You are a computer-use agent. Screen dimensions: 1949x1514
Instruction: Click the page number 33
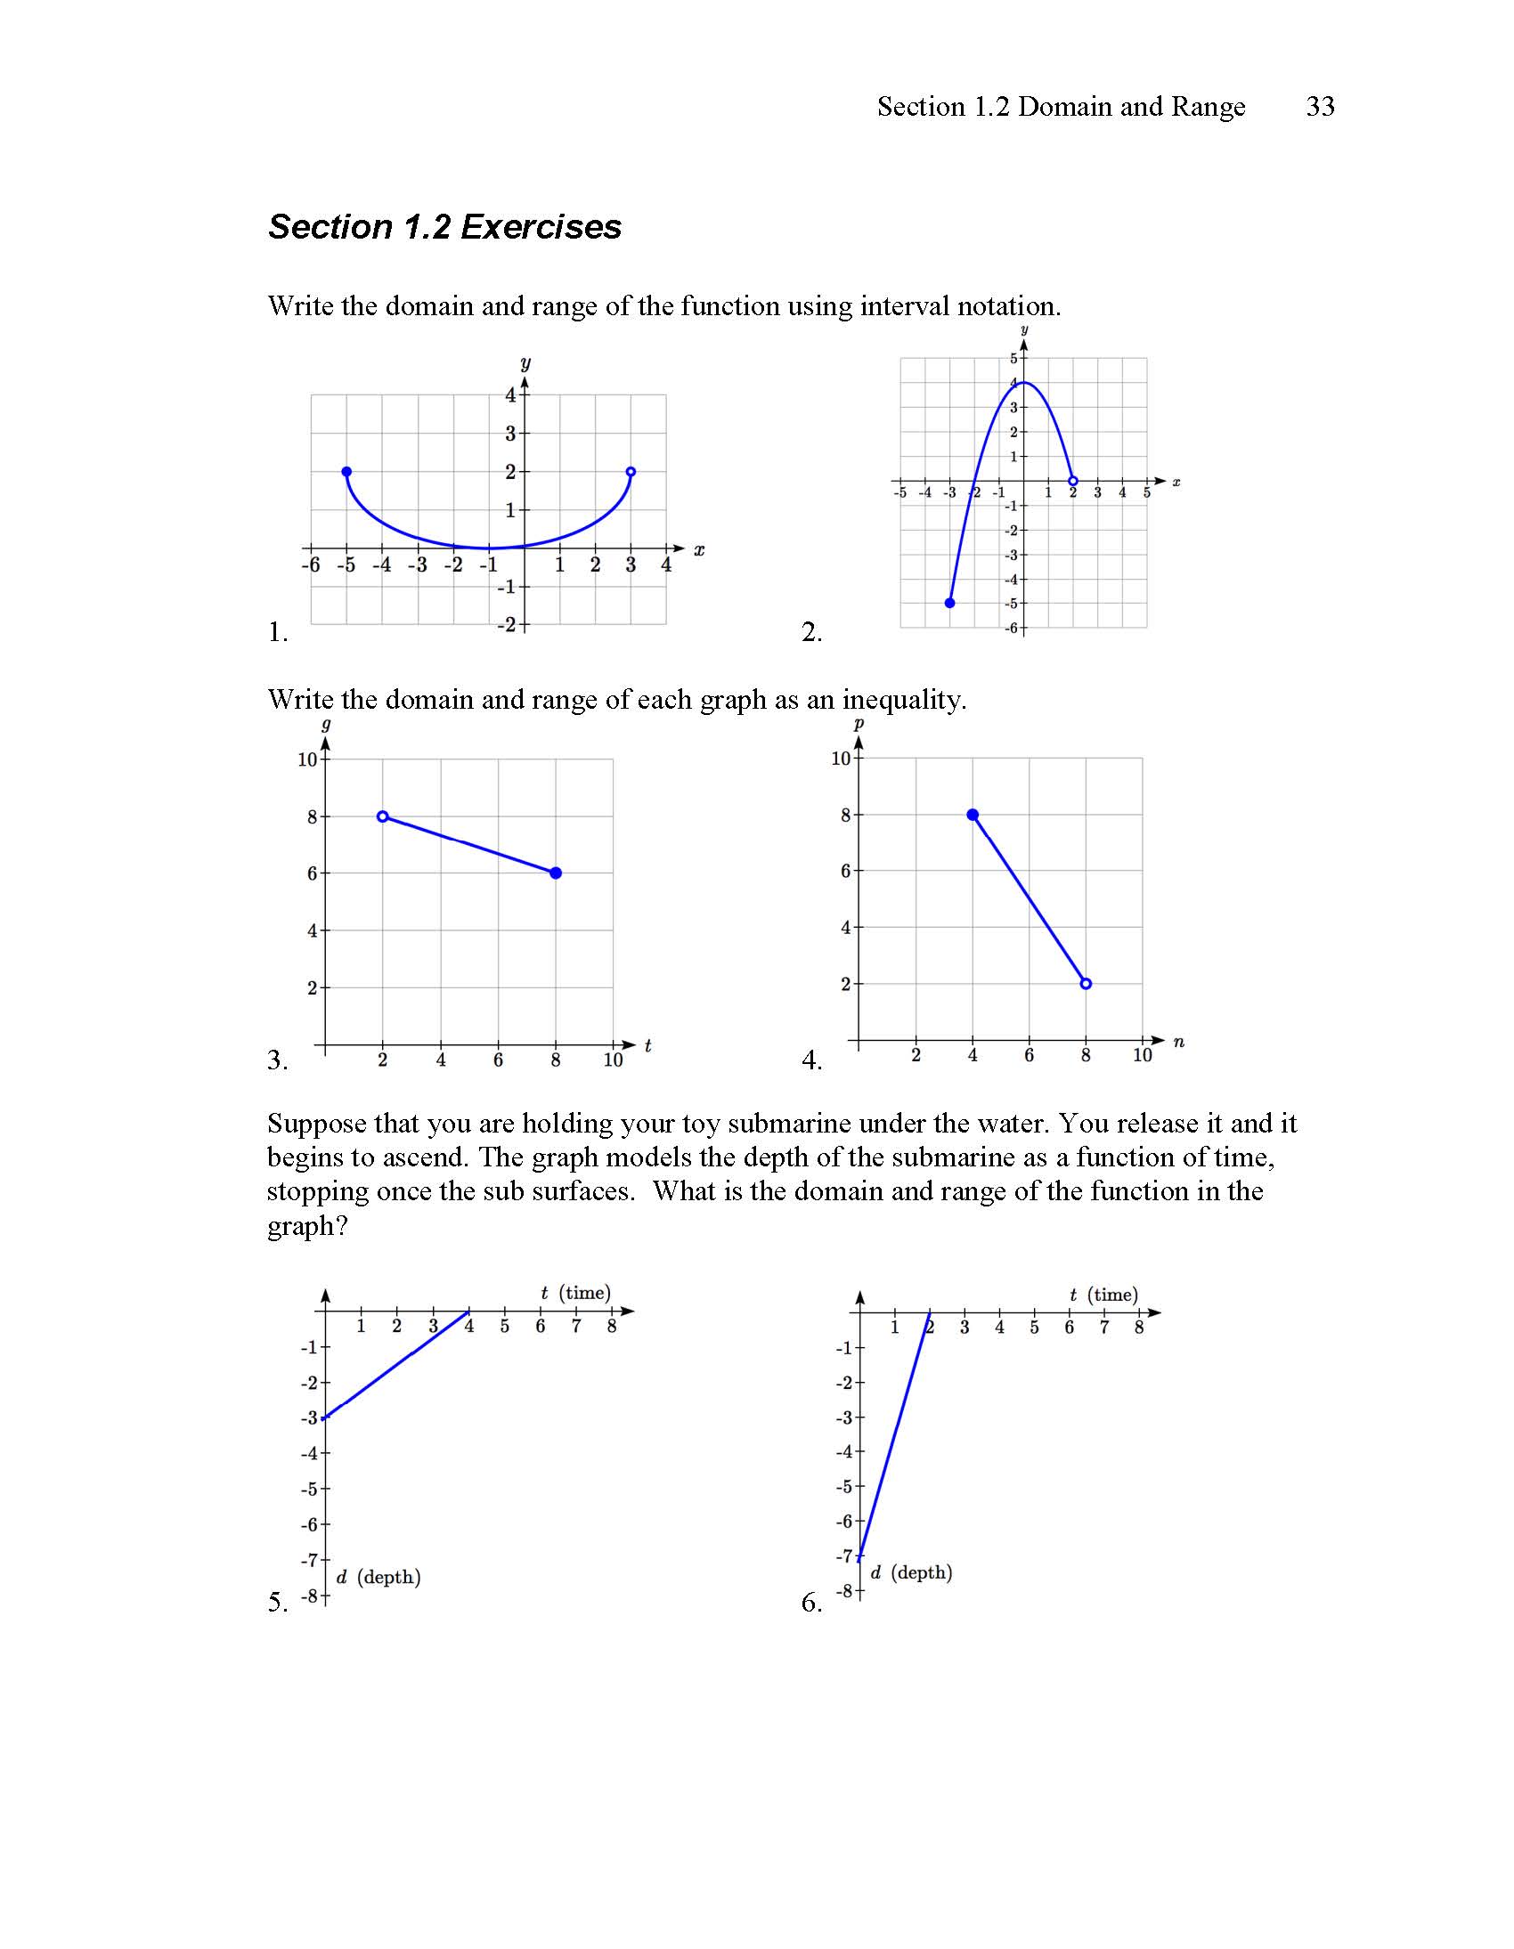point(1319,106)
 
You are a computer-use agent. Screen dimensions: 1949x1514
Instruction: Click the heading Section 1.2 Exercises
point(444,227)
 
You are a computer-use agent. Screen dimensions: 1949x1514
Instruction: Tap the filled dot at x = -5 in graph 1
point(346,471)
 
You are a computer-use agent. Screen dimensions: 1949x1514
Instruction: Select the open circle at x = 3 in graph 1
point(631,471)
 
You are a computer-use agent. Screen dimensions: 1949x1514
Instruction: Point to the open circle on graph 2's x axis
point(1073,481)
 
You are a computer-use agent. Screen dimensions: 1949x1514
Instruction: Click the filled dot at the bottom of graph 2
point(950,604)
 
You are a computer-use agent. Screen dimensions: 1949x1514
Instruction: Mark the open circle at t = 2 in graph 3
point(383,816)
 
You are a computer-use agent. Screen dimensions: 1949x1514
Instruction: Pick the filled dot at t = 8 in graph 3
point(555,873)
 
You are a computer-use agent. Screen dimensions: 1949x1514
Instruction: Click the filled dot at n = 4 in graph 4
point(973,815)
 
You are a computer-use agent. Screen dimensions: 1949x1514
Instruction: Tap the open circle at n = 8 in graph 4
point(1086,984)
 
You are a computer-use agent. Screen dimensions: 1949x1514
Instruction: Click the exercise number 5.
point(277,1602)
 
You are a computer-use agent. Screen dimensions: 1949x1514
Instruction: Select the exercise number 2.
point(810,633)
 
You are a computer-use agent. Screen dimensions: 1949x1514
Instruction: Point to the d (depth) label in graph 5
point(378,1577)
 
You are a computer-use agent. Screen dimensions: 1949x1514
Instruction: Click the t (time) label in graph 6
point(1103,1295)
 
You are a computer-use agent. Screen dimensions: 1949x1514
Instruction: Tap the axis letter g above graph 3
point(326,725)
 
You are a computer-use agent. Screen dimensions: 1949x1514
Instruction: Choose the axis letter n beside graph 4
point(1178,1042)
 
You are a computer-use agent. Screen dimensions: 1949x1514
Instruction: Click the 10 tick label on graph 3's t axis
point(613,1060)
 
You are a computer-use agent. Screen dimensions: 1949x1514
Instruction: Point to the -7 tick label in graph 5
point(310,1560)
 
